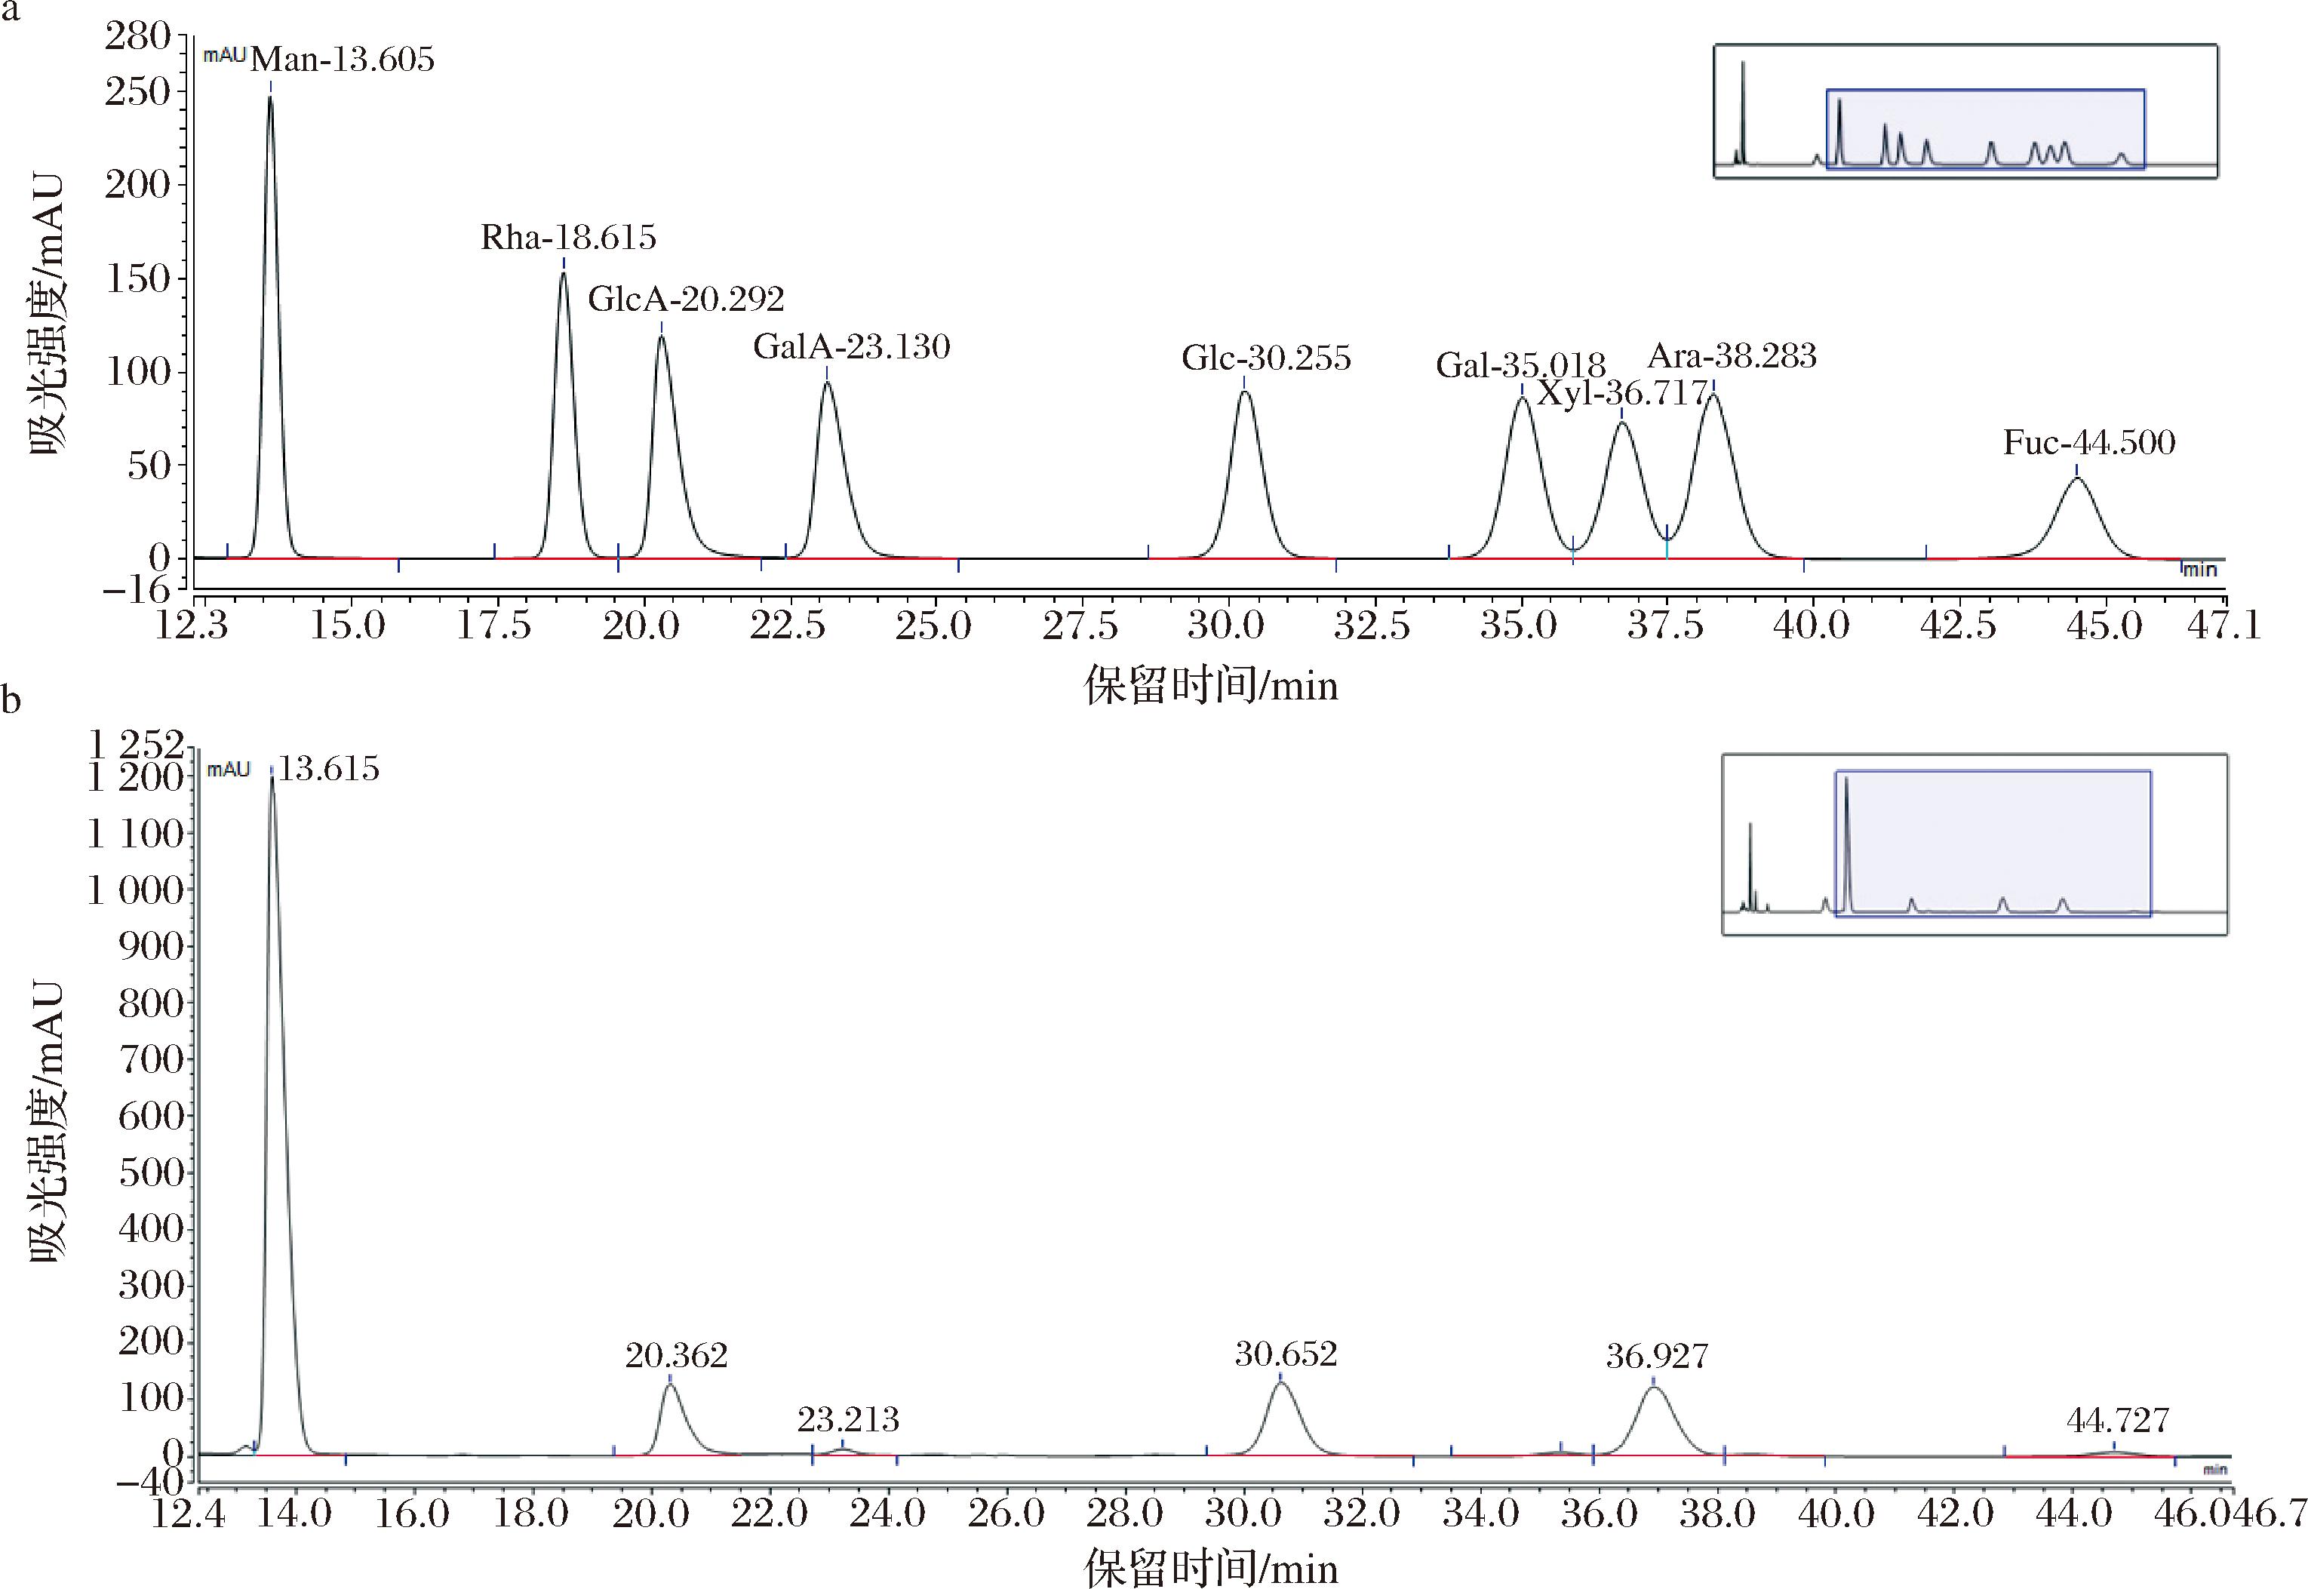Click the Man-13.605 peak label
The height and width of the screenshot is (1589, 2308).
pos(342,60)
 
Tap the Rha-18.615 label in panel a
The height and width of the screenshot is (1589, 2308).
pos(569,238)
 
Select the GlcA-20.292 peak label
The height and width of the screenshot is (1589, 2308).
pos(686,299)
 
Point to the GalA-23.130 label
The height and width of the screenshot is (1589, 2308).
pos(851,346)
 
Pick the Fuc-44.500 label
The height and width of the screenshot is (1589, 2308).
pos(2089,443)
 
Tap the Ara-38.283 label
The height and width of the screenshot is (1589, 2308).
pos(1732,356)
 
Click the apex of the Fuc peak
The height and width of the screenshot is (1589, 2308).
pos(2076,479)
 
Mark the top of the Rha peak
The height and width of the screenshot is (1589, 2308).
pos(563,273)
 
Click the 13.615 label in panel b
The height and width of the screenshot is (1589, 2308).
pos(327,770)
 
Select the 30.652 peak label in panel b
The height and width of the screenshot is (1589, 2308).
pos(1286,1355)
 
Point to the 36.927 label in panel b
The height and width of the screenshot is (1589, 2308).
pos(1657,1356)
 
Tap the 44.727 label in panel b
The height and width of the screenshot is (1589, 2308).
pos(2117,1421)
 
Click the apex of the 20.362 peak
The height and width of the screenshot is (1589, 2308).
pos(670,1384)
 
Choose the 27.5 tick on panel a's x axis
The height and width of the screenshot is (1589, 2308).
pos(1080,626)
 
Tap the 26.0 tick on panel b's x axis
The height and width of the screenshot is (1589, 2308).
pos(1006,1515)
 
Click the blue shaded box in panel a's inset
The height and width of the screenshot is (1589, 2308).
pos(1984,130)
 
